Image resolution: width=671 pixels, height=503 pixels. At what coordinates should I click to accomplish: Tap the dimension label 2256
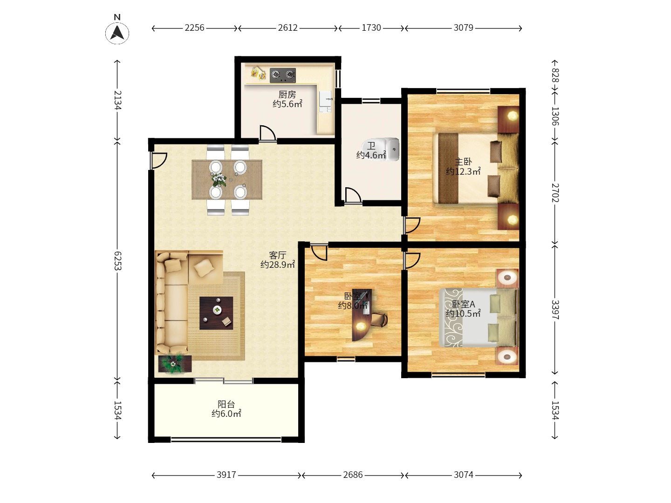pyautogui.click(x=194, y=28)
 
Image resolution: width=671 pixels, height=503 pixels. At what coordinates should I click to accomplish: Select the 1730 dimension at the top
pyautogui.click(x=371, y=28)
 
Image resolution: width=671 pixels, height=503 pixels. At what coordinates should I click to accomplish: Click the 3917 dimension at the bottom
pyautogui.click(x=226, y=475)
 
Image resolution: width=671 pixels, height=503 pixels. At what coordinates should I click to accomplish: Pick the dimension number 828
pyautogui.click(x=555, y=75)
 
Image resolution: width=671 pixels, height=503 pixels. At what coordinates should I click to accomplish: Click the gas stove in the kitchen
pyautogui.click(x=283, y=75)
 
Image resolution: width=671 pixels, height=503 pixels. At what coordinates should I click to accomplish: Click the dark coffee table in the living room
pyautogui.click(x=216, y=313)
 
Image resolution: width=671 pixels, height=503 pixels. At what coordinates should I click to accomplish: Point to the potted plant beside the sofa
pyautogui.click(x=173, y=363)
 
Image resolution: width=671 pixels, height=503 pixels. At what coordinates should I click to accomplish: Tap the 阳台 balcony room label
pyautogui.click(x=226, y=404)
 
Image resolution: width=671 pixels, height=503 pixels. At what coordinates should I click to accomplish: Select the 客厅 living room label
pyautogui.click(x=278, y=255)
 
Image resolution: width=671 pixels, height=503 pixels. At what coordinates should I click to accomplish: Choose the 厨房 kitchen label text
pyautogui.click(x=287, y=95)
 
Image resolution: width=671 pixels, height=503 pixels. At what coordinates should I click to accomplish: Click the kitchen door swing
pyautogui.click(x=267, y=134)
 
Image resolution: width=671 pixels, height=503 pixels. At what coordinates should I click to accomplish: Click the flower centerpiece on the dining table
pyautogui.click(x=219, y=179)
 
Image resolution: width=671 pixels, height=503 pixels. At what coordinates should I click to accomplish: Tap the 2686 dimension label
pyautogui.click(x=353, y=475)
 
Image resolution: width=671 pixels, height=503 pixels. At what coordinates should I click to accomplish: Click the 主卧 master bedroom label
pyautogui.click(x=463, y=162)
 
